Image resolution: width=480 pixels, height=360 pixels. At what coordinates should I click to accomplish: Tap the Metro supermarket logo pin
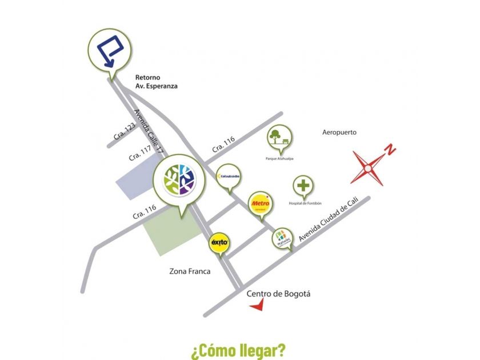point(260,204)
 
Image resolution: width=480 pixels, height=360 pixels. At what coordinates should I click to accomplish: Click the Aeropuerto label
point(339,132)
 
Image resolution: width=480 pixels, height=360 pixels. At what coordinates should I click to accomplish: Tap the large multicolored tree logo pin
point(178,178)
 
